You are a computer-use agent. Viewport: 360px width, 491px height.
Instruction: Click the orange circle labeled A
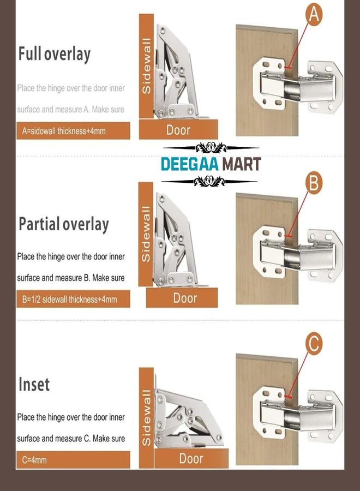click(x=313, y=14)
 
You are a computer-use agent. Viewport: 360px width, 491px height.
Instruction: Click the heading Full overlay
click(x=55, y=54)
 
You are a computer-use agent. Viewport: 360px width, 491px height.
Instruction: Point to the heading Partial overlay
click(x=64, y=224)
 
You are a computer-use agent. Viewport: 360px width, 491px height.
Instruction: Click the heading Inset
click(x=34, y=384)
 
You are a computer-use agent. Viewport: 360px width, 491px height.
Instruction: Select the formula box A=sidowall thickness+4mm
click(x=73, y=130)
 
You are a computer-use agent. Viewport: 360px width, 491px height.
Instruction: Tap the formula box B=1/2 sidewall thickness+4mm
click(x=73, y=299)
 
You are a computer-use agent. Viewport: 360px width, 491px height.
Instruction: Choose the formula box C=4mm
click(x=73, y=460)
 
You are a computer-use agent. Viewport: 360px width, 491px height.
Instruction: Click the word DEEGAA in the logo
click(x=190, y=164)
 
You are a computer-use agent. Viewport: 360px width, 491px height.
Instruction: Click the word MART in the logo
click(x=241, y=164)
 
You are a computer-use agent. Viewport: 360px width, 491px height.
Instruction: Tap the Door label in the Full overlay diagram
click(x=178, y=130)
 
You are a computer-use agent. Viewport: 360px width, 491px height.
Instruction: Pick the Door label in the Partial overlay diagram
click(x=185, y=298)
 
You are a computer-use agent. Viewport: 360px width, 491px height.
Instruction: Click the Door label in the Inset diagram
click(x=191, y=458)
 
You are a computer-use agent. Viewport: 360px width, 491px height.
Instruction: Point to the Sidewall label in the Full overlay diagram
click(x=146, y=66)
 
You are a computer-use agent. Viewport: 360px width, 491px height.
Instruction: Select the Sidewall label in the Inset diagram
click(x=146, y=417)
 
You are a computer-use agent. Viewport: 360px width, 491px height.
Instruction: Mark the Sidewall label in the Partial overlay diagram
click(x=146, y=234)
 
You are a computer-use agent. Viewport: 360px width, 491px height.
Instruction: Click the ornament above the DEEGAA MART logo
click(x=211, y=147)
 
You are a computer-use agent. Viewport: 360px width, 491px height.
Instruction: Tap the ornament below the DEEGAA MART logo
click(x=209, y=181)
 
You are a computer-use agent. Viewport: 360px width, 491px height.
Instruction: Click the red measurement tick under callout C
click(x=289, y=397)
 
